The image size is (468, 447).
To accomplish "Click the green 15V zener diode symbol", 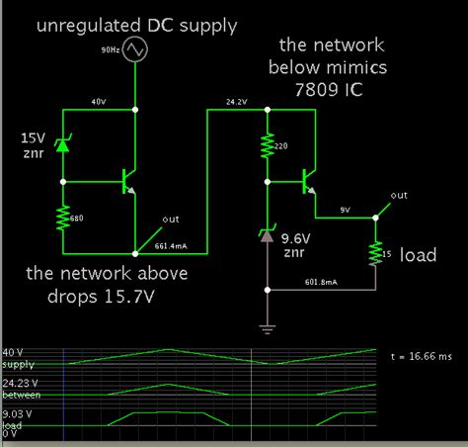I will coord(61,145).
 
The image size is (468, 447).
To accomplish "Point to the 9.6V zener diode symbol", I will coord(268,234).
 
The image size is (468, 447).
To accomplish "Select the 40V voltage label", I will coord(98,101).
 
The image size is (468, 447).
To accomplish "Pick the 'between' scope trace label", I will coord(21,395).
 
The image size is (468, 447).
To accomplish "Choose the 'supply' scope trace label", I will coord(18,364).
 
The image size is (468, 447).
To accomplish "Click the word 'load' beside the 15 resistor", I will coord(419,255).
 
